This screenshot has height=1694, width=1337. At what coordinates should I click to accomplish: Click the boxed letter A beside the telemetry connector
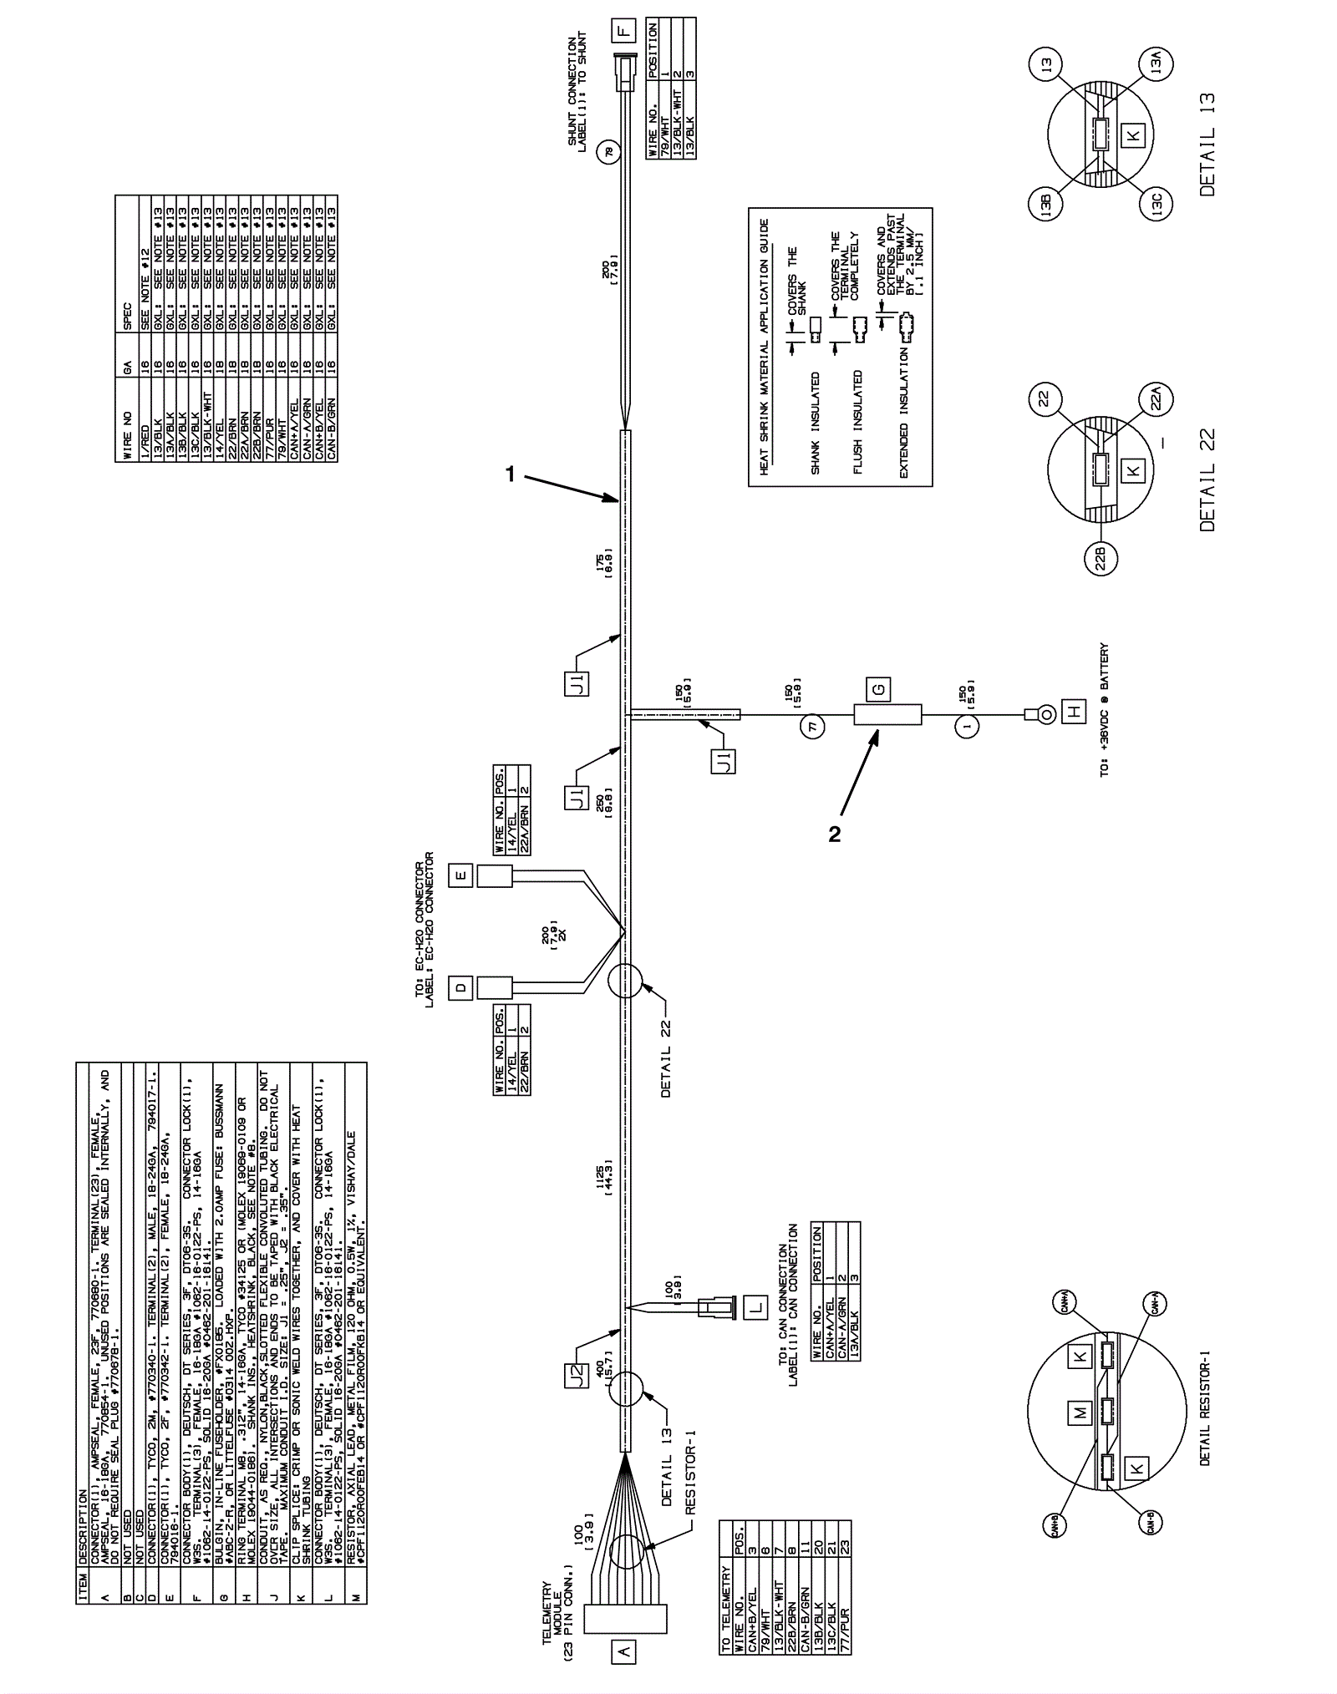click(624, 1650)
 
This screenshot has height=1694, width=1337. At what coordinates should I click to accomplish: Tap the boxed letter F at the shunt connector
click(623, 32)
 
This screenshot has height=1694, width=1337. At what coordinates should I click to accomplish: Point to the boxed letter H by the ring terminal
click(1074, 713)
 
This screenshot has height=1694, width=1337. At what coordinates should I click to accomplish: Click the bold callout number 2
click(834, 834)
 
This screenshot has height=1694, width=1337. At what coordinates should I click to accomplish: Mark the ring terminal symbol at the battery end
click(1036, 714)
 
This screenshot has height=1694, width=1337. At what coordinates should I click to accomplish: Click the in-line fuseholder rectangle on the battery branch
click(887, 715)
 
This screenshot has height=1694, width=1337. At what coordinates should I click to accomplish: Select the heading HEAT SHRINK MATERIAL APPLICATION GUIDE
click(764, 347)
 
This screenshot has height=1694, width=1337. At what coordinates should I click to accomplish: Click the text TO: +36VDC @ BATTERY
click(1105, 709)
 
